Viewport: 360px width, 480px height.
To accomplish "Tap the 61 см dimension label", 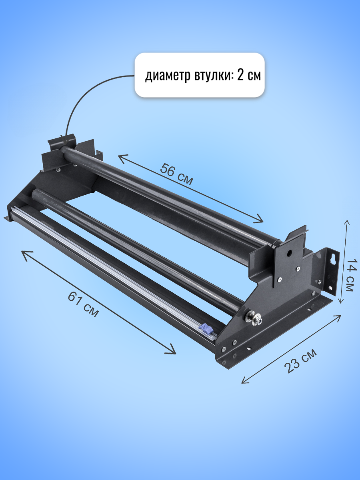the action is pyautogui.click(x=84, y=305).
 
